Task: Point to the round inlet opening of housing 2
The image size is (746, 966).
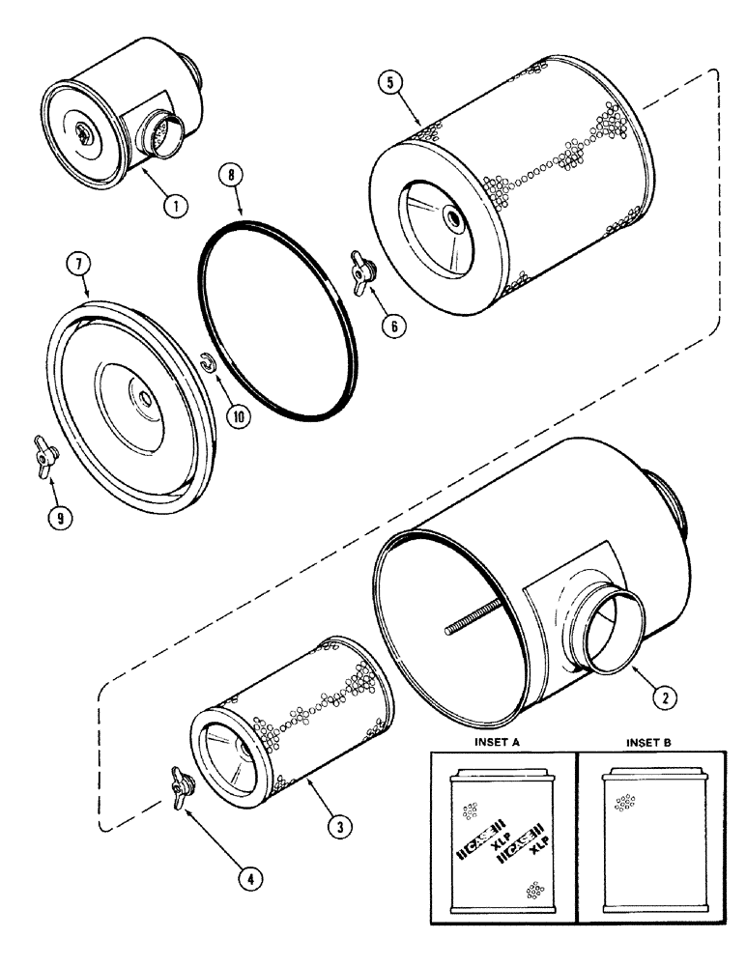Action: [607, 639]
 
